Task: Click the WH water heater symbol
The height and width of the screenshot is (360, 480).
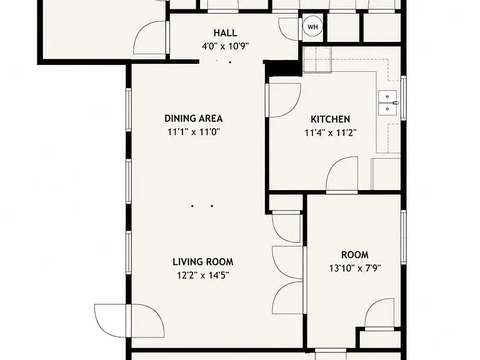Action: (312, 27)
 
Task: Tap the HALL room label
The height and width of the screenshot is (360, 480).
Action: (225, 32)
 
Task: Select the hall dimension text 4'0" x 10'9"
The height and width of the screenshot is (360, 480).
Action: (225, 46)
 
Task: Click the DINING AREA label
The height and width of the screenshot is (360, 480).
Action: (194, 118)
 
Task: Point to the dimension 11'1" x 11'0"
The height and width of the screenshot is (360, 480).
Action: (194, 132)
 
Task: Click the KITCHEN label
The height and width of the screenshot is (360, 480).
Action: (330, 119)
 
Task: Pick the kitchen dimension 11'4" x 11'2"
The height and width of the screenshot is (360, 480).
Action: (331, 133)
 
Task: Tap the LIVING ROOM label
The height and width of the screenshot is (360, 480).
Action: (203, 262)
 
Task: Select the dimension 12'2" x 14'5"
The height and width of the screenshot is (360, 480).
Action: (203, 276)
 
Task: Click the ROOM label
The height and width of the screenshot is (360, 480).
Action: (355, 255)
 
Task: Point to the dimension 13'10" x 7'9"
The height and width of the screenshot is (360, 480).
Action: (355, 269)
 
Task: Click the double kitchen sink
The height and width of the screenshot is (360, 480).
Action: (388, 103)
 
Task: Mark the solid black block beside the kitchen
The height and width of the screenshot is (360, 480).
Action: (282, 68)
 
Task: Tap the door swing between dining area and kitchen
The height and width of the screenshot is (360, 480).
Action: (284, 100)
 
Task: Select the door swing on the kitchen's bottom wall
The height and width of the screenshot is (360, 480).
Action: (342, 175)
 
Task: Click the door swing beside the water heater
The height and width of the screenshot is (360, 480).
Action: (289, 29)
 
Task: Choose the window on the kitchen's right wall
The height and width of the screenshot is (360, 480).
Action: (404, 98)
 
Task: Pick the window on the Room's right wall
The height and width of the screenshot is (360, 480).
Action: (404, 237)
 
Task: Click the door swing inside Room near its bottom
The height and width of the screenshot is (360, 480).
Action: (379, 314)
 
